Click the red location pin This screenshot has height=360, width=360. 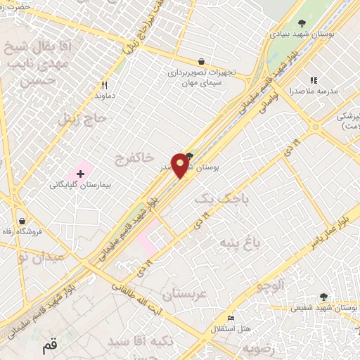click(181, 165)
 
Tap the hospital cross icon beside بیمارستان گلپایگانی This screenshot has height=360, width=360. click(81, 172)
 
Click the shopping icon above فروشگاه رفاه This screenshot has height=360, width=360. click(22, 220)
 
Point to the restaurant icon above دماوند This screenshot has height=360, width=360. click(104, 82)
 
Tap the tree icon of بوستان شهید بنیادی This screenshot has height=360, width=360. click(302, 23)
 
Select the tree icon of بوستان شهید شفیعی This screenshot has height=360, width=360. click(323, 297)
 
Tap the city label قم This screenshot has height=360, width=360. click(49, 347)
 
